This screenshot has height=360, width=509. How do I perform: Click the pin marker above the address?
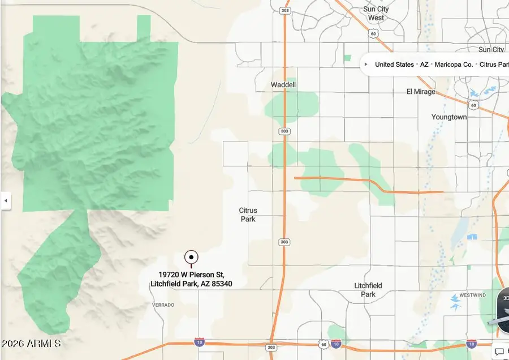pyautogui.click(x=191, y=258)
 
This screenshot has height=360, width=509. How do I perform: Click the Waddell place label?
pyautogui.click(x=283, y=85)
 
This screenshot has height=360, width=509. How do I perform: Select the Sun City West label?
pyautogui.click(x=376, y=14)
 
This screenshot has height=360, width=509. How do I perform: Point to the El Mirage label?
pyautogui.click(x=421, y=92)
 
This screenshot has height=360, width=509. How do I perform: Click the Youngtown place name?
pyautogui.click(x=449, y=117)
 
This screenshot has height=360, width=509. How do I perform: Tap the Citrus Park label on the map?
pyautogui.click(x=248, y=215)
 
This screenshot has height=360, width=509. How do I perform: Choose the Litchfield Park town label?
pyautogui.click(x=368, y=290)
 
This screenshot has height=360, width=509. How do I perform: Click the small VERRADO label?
pyautogui.click(x=163, y=305)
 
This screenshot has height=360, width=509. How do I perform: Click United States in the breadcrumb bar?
pyautogui.click(x=394, y=65)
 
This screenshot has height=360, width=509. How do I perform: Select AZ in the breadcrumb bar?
pyautogui.click(x=424, y=65)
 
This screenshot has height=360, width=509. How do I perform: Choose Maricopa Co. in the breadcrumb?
pyautogui.click(x=454, y=65)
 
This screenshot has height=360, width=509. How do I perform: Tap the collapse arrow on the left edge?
pyautogui.click(x=5, y=200)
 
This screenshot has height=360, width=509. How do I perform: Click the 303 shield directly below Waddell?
pyautogui.click(x=284, y=131)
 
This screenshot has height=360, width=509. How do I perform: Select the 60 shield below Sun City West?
pyautogui.click(x=373, y=34)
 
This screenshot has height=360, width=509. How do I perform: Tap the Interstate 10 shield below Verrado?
pyautogui.click(x=199, y=342)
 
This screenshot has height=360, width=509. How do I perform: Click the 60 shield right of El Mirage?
pyautogui.click(x=473, y=105)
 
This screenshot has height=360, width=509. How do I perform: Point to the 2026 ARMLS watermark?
pyautogui.click(x=31, y=344)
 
